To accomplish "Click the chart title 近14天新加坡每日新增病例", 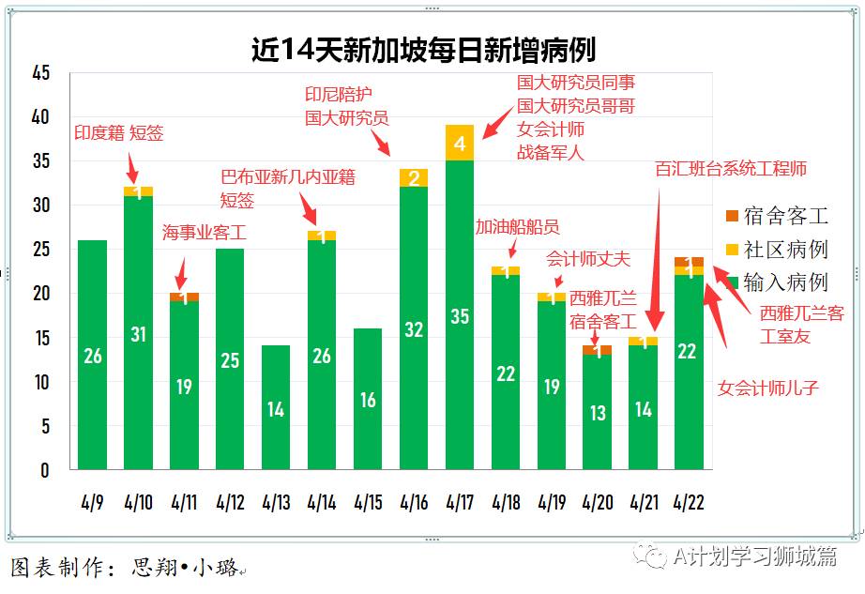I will pos(423,49).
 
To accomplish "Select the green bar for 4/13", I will pos(276,407).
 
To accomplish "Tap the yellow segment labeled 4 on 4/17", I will pos(460,143).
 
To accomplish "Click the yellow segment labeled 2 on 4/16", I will pos(414,178).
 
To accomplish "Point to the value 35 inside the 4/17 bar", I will pos(460,316).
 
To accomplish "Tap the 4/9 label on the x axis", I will pos(92,503).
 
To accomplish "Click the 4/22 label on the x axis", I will pos(690,503).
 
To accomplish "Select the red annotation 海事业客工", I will pos(204,232).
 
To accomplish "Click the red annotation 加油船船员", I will pos(517,226).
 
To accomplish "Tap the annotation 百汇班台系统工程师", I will pos(731,169).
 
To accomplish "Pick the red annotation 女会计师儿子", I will pos(768,387).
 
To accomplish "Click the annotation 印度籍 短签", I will pos(119,133).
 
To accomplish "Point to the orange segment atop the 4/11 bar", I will pos(184,297).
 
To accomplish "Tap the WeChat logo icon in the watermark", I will pos(650,556).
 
